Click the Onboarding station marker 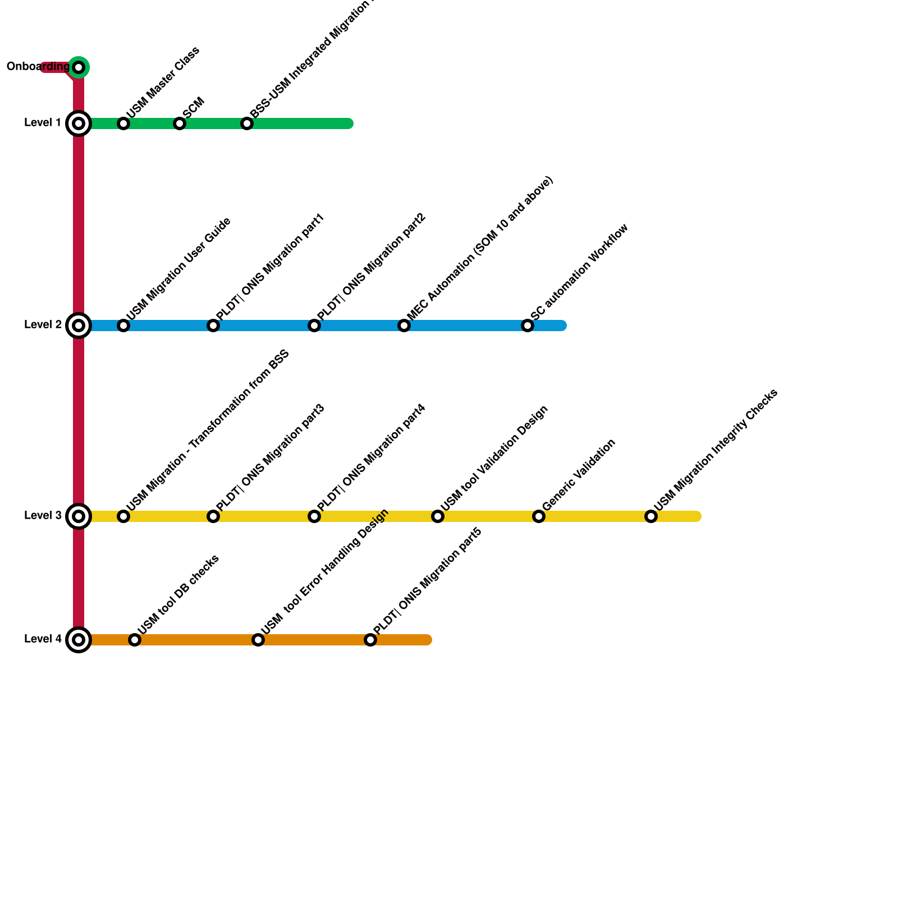(x=79, y=67)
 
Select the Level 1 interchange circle (x=79, y=123)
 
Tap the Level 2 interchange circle (x=79, y=326)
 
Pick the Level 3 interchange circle (x=79, y=516)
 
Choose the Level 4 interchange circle (x=79, y=640)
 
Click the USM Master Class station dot (x=123, y=123)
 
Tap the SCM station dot (x=180, y=123)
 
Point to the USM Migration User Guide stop (x=123, y=326)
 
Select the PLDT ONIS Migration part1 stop (x=213, y=326)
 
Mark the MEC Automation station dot (x=404, y=326)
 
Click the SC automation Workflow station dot (x=528, y=326)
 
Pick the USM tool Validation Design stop (x=438, y=516)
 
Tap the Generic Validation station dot (x=539, y=516)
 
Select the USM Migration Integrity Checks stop (x=651, y=516)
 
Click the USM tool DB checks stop (x=135, y=640)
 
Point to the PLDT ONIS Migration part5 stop (x=370, y=640)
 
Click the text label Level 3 (x=43, y=516)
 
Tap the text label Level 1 (x=43, y=123)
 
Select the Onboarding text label (x=38, y=67)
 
